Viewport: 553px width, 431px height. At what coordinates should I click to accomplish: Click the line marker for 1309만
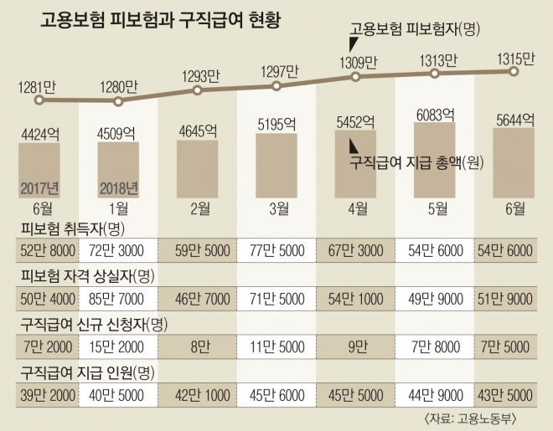pos(356,77)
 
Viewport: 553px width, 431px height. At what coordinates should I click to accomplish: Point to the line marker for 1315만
pos(512,72)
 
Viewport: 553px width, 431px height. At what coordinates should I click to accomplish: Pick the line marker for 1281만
pos(38,100)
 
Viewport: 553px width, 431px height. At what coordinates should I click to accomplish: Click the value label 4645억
pos(198,131)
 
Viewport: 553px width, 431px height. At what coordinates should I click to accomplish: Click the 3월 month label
pos(277,208)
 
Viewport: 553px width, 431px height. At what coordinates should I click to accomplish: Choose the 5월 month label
pos(435,208)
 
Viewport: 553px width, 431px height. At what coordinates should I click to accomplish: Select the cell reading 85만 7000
pos(118,298)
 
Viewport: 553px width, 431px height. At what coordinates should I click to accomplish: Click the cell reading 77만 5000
pos(277,250)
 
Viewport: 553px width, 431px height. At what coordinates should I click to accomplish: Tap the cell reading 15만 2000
pos(118,346)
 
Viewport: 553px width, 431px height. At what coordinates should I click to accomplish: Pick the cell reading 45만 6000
pos(277,393)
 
